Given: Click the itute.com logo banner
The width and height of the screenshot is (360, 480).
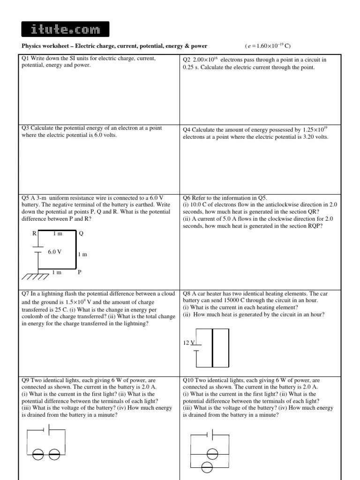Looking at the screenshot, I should (x=65, y=29).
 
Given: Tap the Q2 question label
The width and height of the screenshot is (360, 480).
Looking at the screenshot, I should (x=187, y=60).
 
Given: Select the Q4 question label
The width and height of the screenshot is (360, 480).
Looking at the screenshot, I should (x=187, y=129).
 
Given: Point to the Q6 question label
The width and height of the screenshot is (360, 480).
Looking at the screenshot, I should (x=187, y=198).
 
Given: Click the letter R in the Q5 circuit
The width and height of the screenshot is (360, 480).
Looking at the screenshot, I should (x=34, y=233).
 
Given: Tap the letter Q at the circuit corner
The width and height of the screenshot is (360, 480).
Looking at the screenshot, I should (x=81, y=233).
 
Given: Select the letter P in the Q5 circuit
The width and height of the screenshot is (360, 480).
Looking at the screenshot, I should (x=80, y=272).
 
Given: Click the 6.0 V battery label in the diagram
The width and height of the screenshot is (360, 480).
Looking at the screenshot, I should (x=54, y=252).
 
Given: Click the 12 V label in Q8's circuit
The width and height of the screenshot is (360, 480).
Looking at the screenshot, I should (x=188, y=343).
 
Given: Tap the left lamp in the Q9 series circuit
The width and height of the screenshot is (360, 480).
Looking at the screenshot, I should (x=39, y=454).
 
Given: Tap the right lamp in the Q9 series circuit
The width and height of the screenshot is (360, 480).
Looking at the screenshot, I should (x=54, y=454).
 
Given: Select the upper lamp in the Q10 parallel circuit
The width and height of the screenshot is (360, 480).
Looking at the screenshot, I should (x=213, y=453).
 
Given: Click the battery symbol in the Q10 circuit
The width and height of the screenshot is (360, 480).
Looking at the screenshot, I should (x=211, y=435).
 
